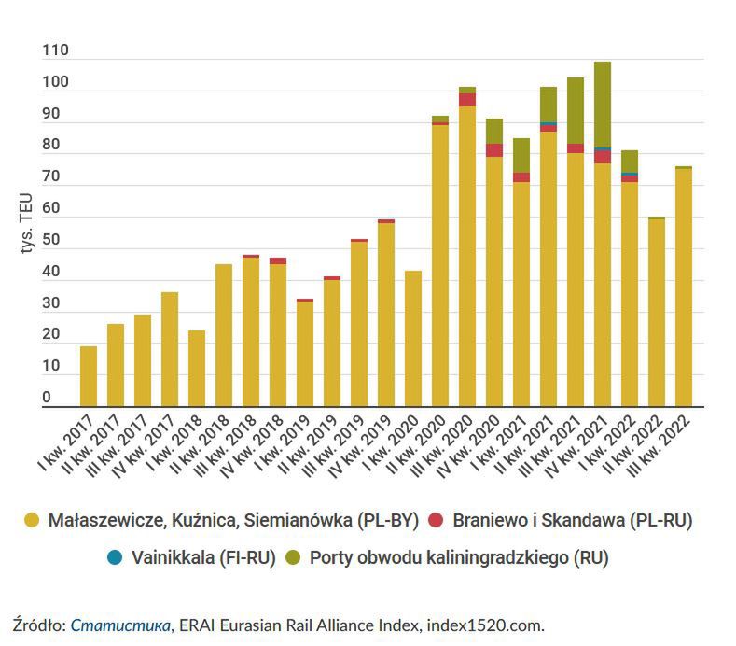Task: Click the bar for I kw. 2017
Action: tap(89, 376)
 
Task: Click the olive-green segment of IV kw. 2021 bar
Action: tap(603, 104)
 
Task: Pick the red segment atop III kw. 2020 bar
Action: tap(467, 100)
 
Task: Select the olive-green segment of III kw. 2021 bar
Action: tap(576, 110)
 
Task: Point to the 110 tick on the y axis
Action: tap(55, 52)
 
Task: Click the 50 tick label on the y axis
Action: tap(50, 241)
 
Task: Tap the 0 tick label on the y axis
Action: tap(46, 398)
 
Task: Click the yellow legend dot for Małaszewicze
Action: tap(32, 522)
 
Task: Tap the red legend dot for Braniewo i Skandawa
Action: tap(436, 522)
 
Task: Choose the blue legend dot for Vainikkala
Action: tap(115, 558)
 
